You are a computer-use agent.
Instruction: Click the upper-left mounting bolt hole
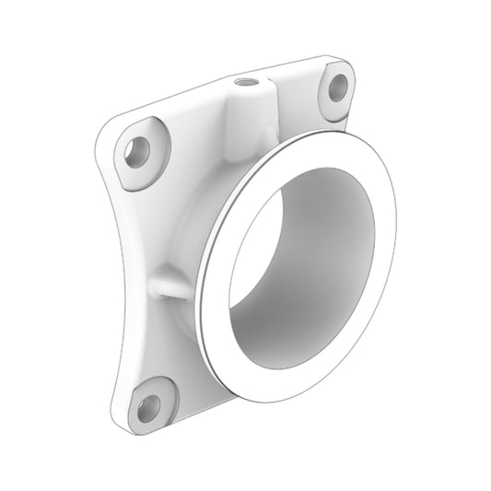pyautogui.click(x=138, y=150)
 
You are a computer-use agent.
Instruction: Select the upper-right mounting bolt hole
pyautogui.click(x=338, y=88)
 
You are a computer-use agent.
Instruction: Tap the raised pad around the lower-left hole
pyautogui.click(x=162, y=392)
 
